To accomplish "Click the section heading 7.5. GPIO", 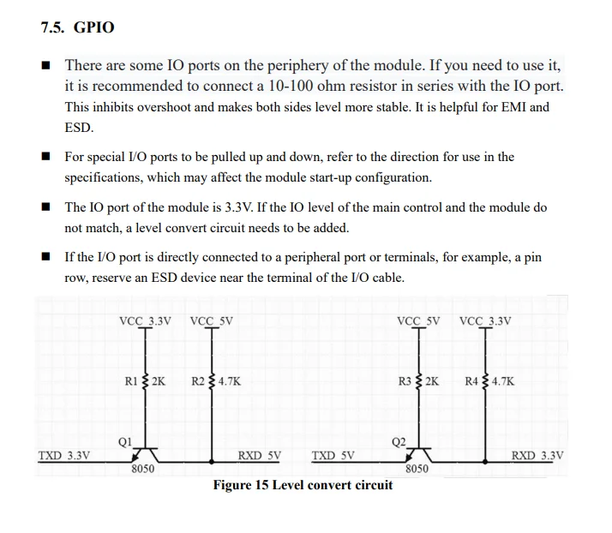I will [x=77, y=27].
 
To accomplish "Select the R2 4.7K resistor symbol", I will [x=213, y=381].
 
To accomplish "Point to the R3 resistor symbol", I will [x=419, y=381].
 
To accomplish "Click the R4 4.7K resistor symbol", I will [x=486, y=381].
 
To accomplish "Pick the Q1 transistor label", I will [x=124, y=442].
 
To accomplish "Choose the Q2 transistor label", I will [x=399, y=442].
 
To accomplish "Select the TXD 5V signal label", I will [x=333, y=456].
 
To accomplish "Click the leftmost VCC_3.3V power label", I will [x=145, y=322].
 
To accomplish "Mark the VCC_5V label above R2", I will [x=212, y=322].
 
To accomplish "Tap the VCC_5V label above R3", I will [x=418, y=322].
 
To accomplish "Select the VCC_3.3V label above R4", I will [x=485, y=322].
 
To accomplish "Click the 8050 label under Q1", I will [x=142, y=470].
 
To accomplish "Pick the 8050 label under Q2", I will [x=417, y=470].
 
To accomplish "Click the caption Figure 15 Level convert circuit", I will [x=303, y=485].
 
